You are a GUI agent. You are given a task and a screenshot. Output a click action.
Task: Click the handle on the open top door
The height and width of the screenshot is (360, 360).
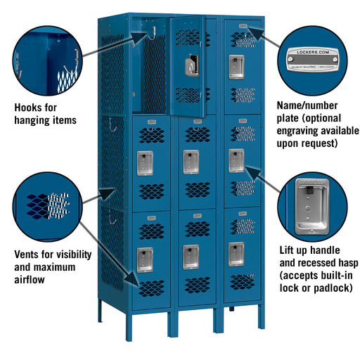click(x=191, y=66)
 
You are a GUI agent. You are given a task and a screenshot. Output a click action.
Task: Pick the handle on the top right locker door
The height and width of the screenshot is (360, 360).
click(x=236, y=66)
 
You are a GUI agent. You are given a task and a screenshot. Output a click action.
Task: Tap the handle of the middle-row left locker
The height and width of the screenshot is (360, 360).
click(x=144, y=162)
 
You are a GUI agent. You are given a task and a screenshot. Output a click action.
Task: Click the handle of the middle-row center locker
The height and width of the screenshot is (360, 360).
click(x=191, y=161)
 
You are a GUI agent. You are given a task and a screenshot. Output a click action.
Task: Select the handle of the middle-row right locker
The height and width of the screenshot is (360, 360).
click(x=236, y=160)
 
